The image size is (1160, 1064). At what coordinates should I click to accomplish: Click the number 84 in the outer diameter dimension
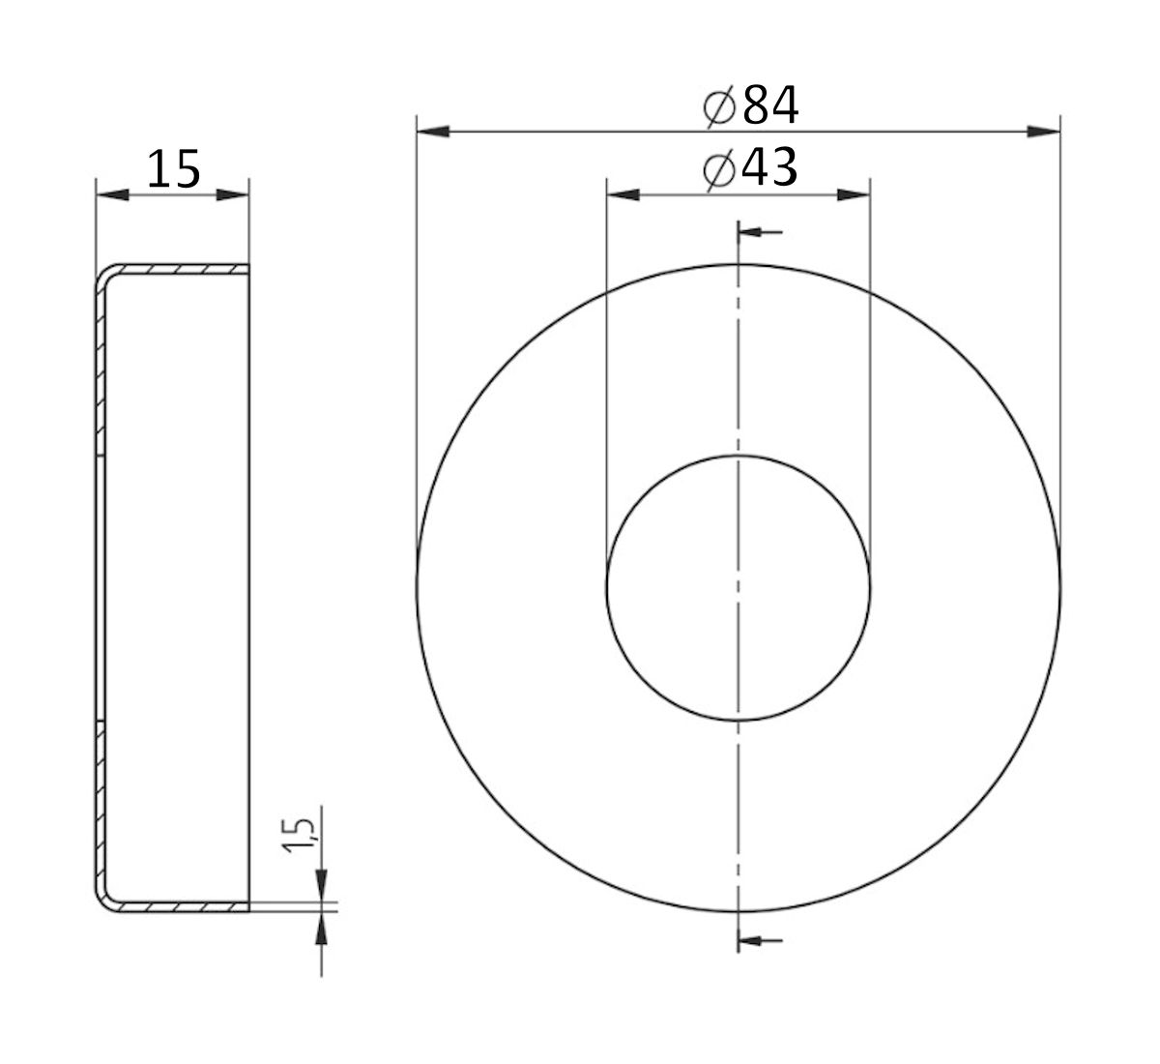pyautogui.click(x=770, y=106)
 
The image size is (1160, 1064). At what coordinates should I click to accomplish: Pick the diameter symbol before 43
pyautogui.click(x=720, y=170)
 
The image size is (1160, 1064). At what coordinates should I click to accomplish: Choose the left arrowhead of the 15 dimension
pyautogui.click(x=112, y=195)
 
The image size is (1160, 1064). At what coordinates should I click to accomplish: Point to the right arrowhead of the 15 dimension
pyautogui.click(x=233, y=195)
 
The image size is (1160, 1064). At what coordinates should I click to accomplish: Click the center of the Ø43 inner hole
pyautogui.click(x=739, y=587)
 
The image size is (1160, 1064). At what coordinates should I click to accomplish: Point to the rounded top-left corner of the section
pyautogui.click(x=104, y=277)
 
